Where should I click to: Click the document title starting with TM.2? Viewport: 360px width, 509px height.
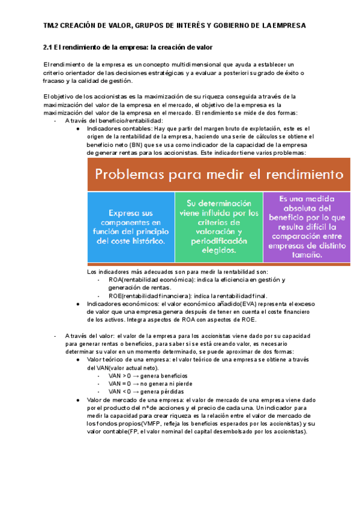175,26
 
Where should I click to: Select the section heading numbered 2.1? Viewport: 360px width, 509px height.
128,47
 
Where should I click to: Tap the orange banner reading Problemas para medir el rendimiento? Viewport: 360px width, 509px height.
218,175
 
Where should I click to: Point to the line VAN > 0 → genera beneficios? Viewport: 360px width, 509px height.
140,375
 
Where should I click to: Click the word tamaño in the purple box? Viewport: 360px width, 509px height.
306,254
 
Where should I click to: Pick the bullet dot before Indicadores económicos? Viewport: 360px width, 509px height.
79,304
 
